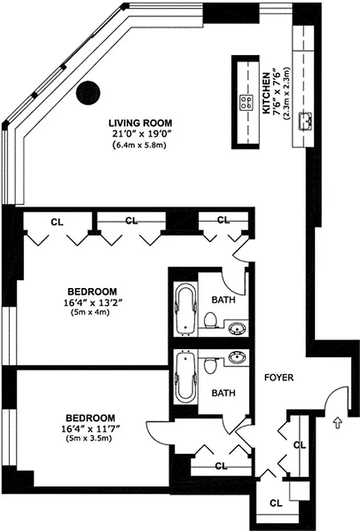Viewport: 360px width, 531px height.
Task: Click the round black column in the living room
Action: pyautogui.click(x=88, y=92)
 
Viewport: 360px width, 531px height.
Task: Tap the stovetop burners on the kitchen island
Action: pyautogui.click(x=246, y=102)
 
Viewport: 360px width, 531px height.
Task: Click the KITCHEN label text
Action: pyautogui.click(x=265, y=92)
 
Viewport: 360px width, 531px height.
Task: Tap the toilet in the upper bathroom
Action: pyautogui.click(x=211, y=321)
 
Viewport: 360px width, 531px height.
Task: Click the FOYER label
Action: pyautogui.click(x=278, y=378)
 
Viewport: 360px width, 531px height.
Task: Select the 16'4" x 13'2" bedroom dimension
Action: pyautogui.click(x=92, y=303)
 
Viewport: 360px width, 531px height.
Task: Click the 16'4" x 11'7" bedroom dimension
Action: pyautogui.click(x=92, y=428)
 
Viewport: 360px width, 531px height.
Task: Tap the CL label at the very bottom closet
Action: pyautogui.click(x=274, y=503)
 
